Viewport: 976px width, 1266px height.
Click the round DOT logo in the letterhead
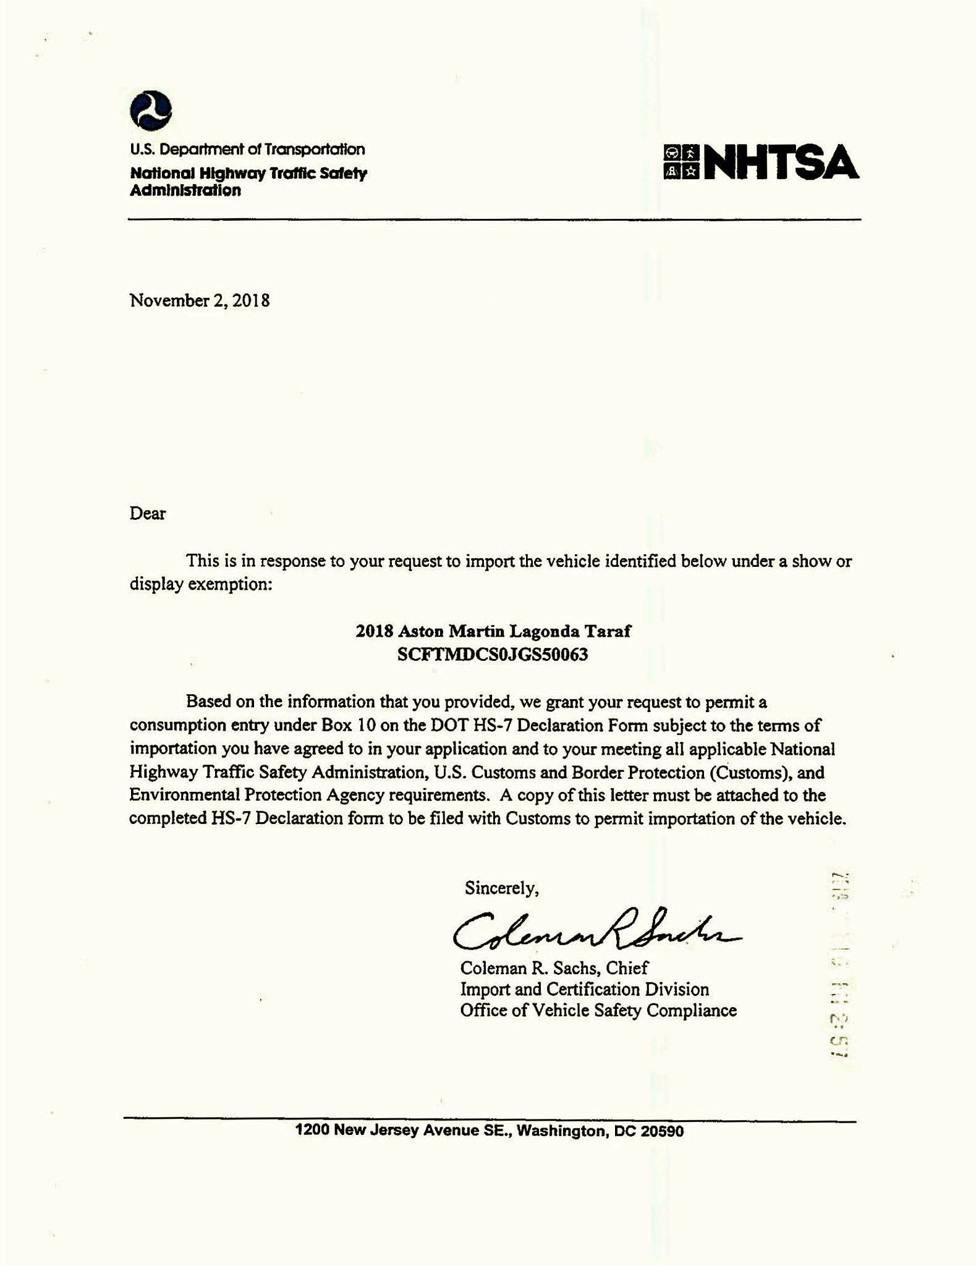[150, 111]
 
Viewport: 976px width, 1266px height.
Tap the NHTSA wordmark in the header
[781, 163]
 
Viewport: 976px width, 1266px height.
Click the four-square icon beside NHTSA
[681, 162]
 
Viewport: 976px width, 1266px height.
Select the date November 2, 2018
[200, 301]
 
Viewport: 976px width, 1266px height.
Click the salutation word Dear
[148, 514]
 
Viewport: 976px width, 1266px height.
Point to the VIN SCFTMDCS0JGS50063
[493, 655]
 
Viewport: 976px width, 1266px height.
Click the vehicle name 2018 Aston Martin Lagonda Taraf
[493, 631]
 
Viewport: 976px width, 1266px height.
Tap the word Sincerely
[501, 888]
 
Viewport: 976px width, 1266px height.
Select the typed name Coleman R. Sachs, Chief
[554, 968]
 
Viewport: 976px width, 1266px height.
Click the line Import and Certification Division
[584, 990]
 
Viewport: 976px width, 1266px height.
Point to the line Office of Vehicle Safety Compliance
[598, 1011]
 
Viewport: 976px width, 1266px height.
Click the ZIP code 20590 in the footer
[662, 1131]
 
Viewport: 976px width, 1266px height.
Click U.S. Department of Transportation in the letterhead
[247, 150]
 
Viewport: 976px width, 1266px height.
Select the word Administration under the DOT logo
[185, 190]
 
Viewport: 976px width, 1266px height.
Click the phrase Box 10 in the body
[344, 725]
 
